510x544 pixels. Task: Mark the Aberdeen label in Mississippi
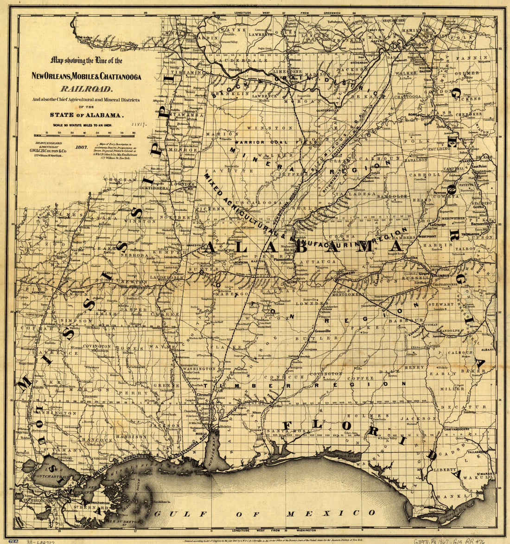coord(187,158)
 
